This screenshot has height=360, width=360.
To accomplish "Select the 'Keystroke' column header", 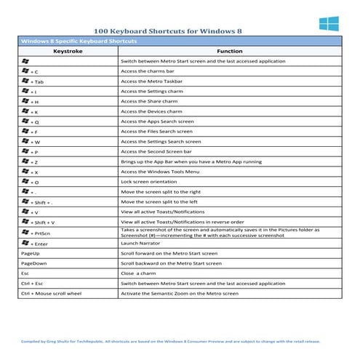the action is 68,52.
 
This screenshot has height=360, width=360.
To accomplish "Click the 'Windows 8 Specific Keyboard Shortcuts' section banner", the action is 73,42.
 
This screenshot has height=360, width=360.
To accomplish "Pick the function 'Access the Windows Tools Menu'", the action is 161,171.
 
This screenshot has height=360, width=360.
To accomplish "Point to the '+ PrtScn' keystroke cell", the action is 37,232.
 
